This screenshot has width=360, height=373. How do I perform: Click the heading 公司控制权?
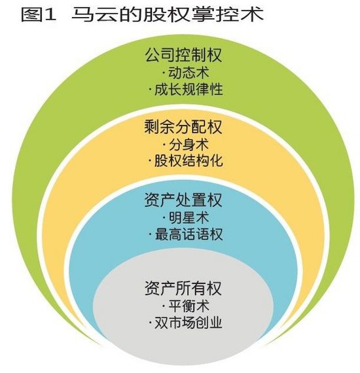pos(183,55)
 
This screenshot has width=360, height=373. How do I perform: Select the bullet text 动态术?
pos(189,73)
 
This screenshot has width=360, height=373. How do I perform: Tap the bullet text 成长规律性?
pos(189,90)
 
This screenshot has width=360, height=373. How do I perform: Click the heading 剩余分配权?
pos(183,127)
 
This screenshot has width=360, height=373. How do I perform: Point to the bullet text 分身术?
pos(189,145)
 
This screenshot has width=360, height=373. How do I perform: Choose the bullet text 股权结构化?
pos(189,161)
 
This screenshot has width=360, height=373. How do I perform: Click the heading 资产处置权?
pos(183,200)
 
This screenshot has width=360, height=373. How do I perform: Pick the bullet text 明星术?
pos(189,217)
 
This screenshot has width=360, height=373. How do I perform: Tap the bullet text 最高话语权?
pos(189,234)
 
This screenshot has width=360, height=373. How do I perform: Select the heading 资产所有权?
pos(183,288)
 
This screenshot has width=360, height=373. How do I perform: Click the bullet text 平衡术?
pos(189,306)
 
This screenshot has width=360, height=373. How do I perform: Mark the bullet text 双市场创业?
pos(189,323)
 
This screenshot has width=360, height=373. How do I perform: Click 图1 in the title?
pos(39,14)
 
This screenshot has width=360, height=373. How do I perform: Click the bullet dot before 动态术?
pos(164,73)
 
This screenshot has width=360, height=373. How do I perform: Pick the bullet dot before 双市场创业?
pos(150,323)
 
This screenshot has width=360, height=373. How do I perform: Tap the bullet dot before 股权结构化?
pos(150,162)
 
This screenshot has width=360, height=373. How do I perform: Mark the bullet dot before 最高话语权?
pos(150,235)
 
